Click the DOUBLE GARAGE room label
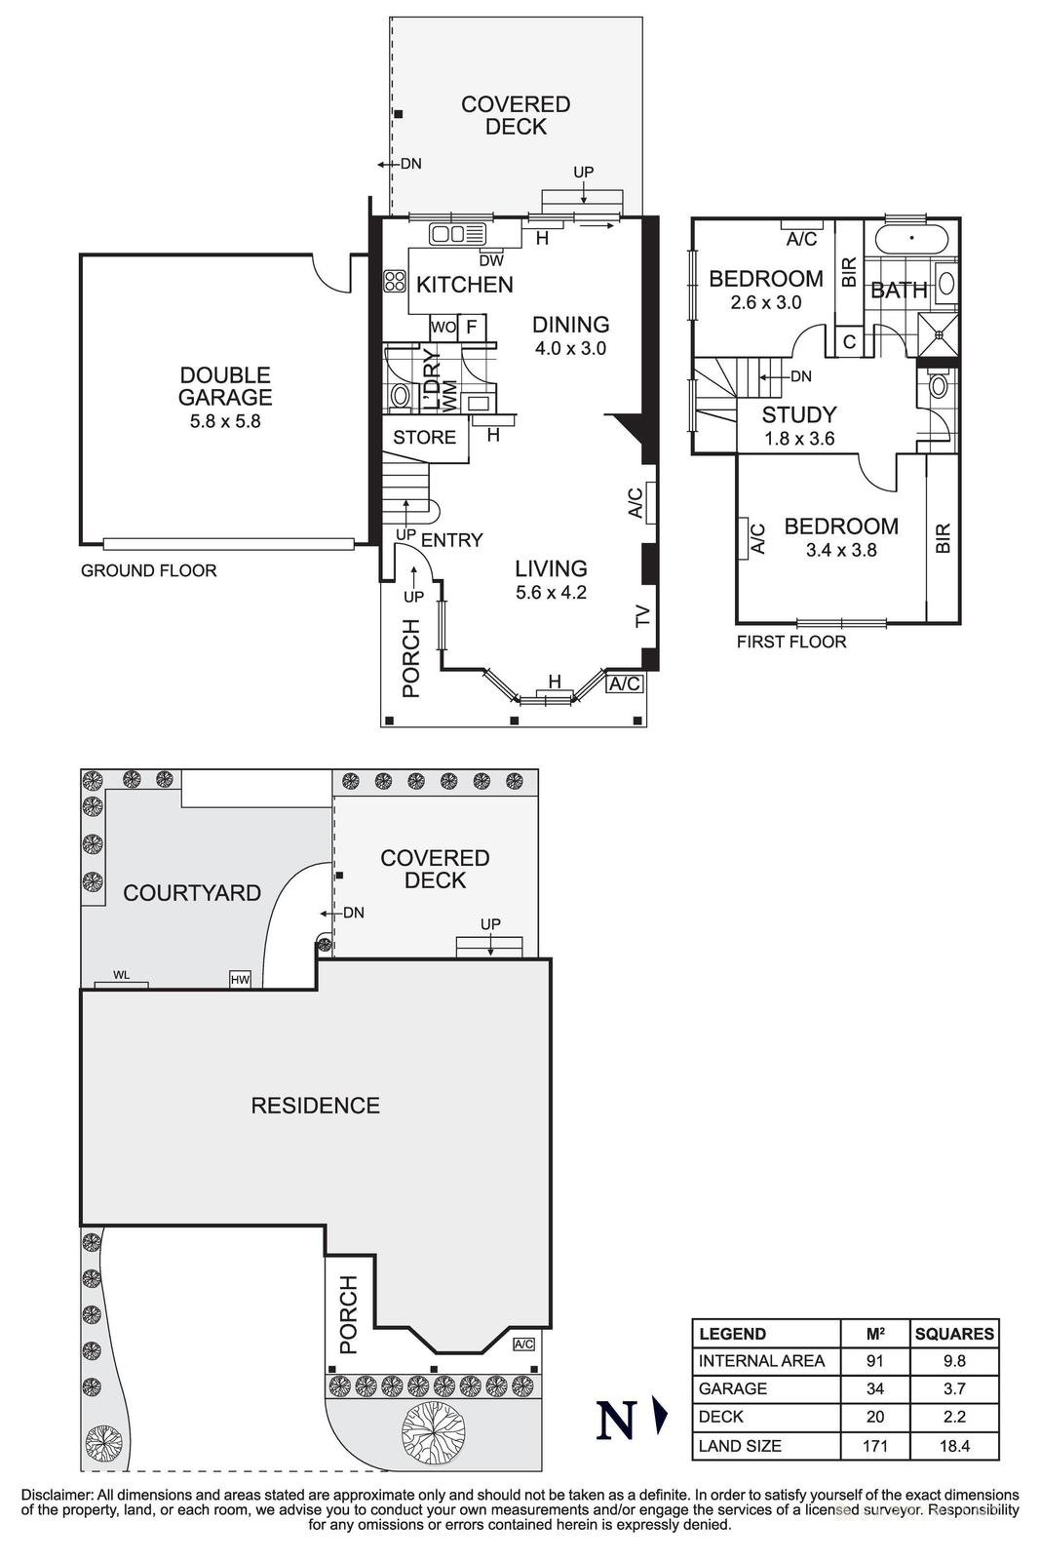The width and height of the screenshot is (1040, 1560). (x=224, y=386)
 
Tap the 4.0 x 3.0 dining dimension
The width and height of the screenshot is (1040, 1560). (x=570, y=348)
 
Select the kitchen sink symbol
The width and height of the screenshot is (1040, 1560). (x=458, y=234)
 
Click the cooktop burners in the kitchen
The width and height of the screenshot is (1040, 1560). (x=395, y=282)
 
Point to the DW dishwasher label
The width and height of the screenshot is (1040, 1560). (x=491, y=260)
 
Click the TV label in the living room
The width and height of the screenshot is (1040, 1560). (x=641, y=615)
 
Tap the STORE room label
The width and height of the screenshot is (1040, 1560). (x=424, y=438)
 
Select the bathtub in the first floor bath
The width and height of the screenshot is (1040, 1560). (x=912, y=238)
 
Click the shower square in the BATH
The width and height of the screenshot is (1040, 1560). (x=940, y=334)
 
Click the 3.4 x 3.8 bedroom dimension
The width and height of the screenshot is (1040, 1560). (x=841, y=550)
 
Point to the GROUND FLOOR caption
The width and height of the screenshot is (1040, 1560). (x=148, y=570)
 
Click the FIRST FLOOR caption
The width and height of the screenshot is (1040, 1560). (x=790, y=642)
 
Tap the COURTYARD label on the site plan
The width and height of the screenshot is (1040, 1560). (x=191, y=893)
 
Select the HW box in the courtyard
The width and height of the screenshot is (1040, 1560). (x=240, y=979)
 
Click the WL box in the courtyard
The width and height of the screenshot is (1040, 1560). (x=121, y=976)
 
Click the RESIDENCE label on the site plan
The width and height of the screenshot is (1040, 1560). (x=315, y=1106)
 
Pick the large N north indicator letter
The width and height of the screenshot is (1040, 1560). (x=616, y=1421)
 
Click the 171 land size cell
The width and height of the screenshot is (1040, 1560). (x=874, y=1445)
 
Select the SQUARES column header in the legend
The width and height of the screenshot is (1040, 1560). (x=954, y=1334)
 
